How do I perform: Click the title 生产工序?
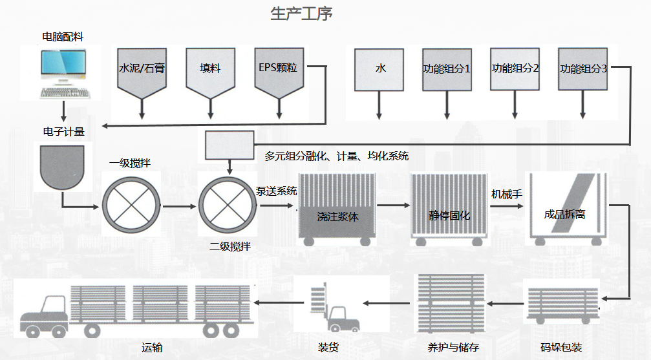click(301, 14)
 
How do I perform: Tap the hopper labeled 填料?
click(210, 71)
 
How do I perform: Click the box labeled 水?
click(380, 68)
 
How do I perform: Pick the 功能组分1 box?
click(447, 68)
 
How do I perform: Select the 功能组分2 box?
click(515, 68)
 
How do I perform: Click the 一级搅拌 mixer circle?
click(131, 207)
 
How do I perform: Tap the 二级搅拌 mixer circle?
click(226, 207)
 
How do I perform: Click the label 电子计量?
click(63, 132)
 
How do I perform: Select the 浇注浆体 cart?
click(337, 210)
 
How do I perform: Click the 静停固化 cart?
click(448, 210)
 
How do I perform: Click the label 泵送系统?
click(277, 191)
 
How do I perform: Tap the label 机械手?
click(507, 193)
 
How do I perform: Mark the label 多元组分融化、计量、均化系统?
click(336, 156)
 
